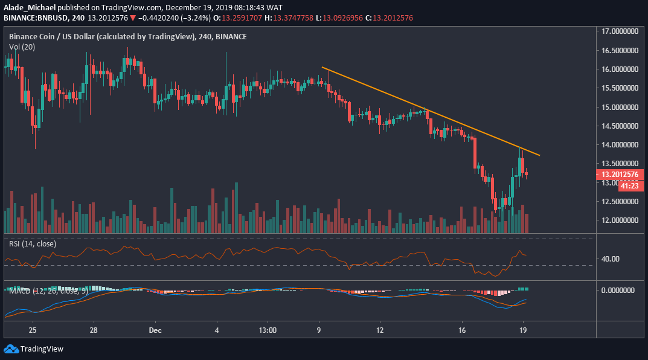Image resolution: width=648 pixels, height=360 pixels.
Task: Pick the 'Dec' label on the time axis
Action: [155, 331]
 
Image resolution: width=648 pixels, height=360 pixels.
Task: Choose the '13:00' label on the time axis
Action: [267, 331]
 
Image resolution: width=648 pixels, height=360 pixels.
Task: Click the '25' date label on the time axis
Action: [33, 331]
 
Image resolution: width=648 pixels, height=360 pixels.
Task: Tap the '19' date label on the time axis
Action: [525, 331]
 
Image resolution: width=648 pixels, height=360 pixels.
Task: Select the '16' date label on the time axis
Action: [463, 331]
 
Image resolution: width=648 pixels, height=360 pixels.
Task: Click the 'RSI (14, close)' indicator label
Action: [32, 244]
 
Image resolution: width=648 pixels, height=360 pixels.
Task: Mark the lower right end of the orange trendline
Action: [540, 155]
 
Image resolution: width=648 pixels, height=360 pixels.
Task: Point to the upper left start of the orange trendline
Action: [322, 67]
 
